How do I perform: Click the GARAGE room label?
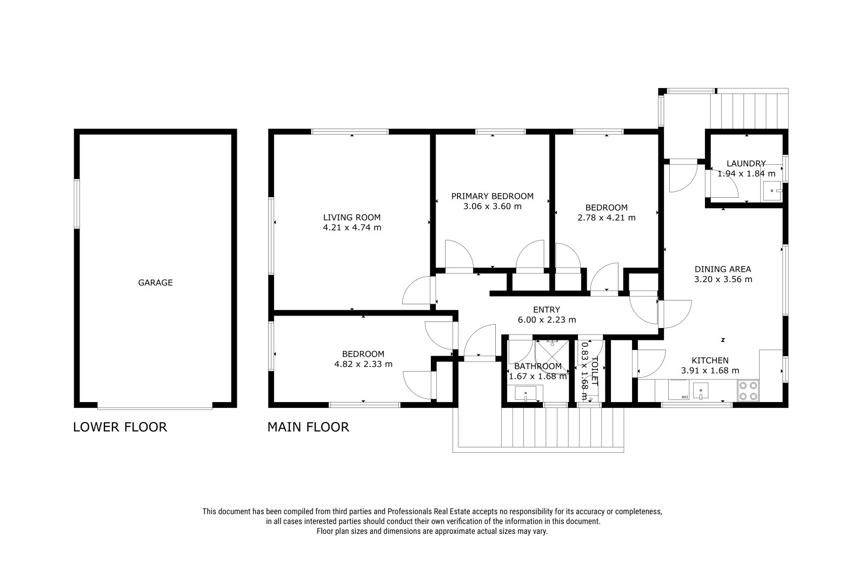pyautogui.click(x=155, y=283)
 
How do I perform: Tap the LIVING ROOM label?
pyautogui.click(x=352, y=217)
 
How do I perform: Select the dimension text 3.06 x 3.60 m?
pyautogui.click(x=493, y=206)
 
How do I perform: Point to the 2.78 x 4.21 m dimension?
pyautogui.click(x=607, y=218)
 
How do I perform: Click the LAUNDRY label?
pyautogui.click(x=746, y=163)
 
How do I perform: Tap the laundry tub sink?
pyautogui.click(x=772, y=191)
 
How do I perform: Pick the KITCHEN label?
pyautogui.click(x=710, y=360)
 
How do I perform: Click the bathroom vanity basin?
pyautogui.click(x=525, y=393)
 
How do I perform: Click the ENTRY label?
pyautogui.click(x=547, y=310)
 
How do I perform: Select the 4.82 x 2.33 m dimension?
pyautogui.click(x=363, y=364)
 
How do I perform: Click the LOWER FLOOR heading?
pyautogui.click(x=120, y=427)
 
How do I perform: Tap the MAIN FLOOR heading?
pyautogui.click(x=308, y=427)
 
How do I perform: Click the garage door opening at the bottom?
pyautogui.click(x=155, y=406)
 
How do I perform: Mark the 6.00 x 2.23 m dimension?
pyautogui.click(x=547, y=320)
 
